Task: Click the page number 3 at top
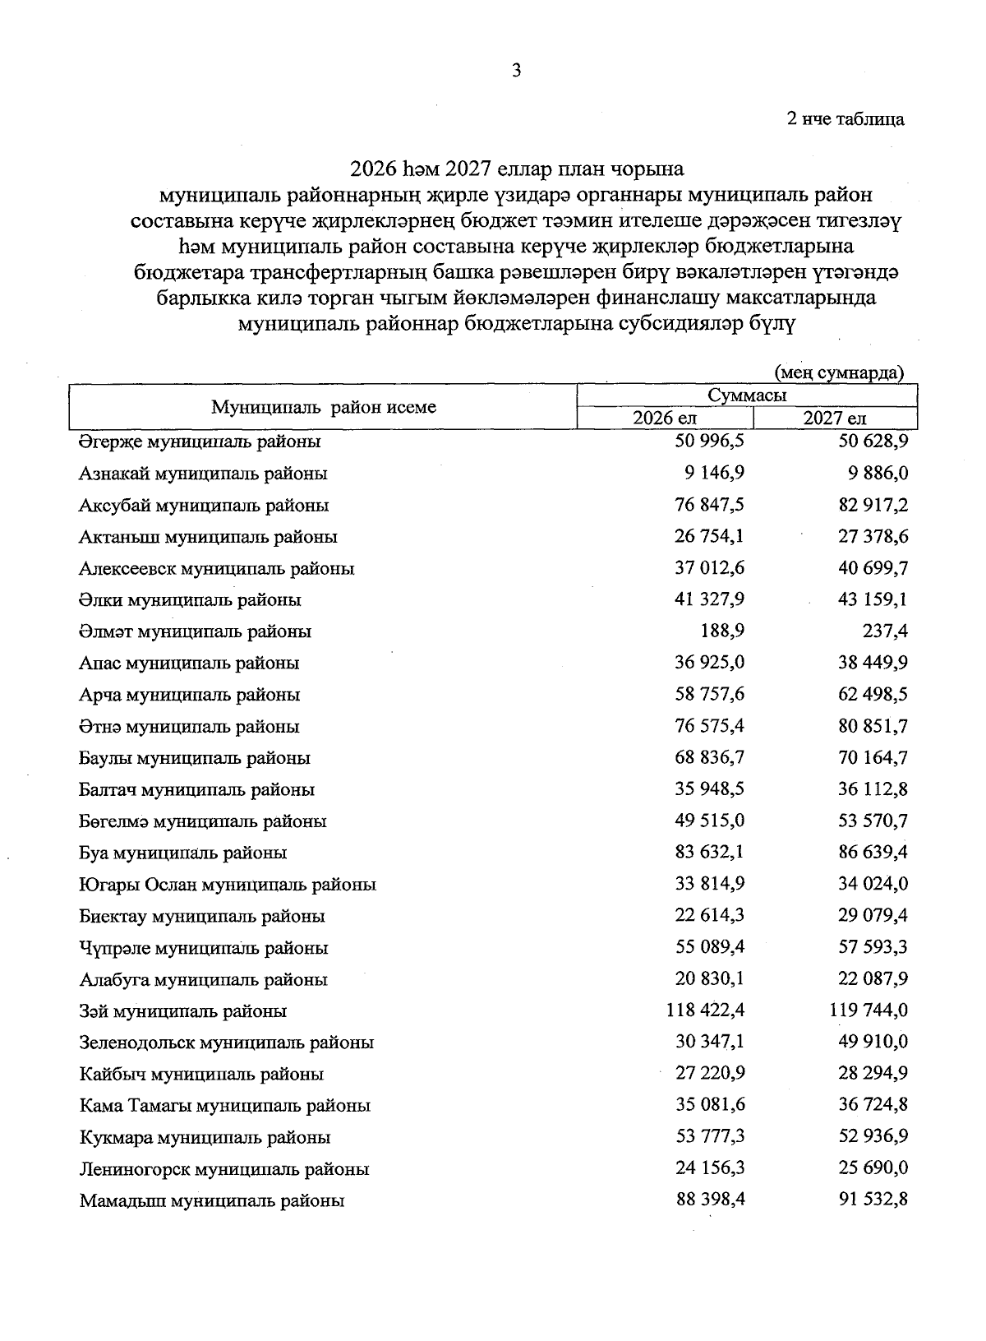tap(516, 71)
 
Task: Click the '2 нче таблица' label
tap(845, 119)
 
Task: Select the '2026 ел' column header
tap(664, 418)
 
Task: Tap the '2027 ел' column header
tap(835, 418)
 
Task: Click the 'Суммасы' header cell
tap(747, 395)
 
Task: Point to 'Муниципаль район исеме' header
tap(324, 407)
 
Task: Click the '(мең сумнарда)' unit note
tap(840, 372)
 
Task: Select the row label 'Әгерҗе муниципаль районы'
tap(200, 442)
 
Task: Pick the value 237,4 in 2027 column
tap(886, 631)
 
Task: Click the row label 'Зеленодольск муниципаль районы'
tap(227, 1043)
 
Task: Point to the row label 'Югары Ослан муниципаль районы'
tap(228, 885)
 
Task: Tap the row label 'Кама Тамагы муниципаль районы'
tap(224, 1106)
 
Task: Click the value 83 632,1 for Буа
tap(710, 852)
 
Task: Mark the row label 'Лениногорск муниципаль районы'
tap(223, 1169)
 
